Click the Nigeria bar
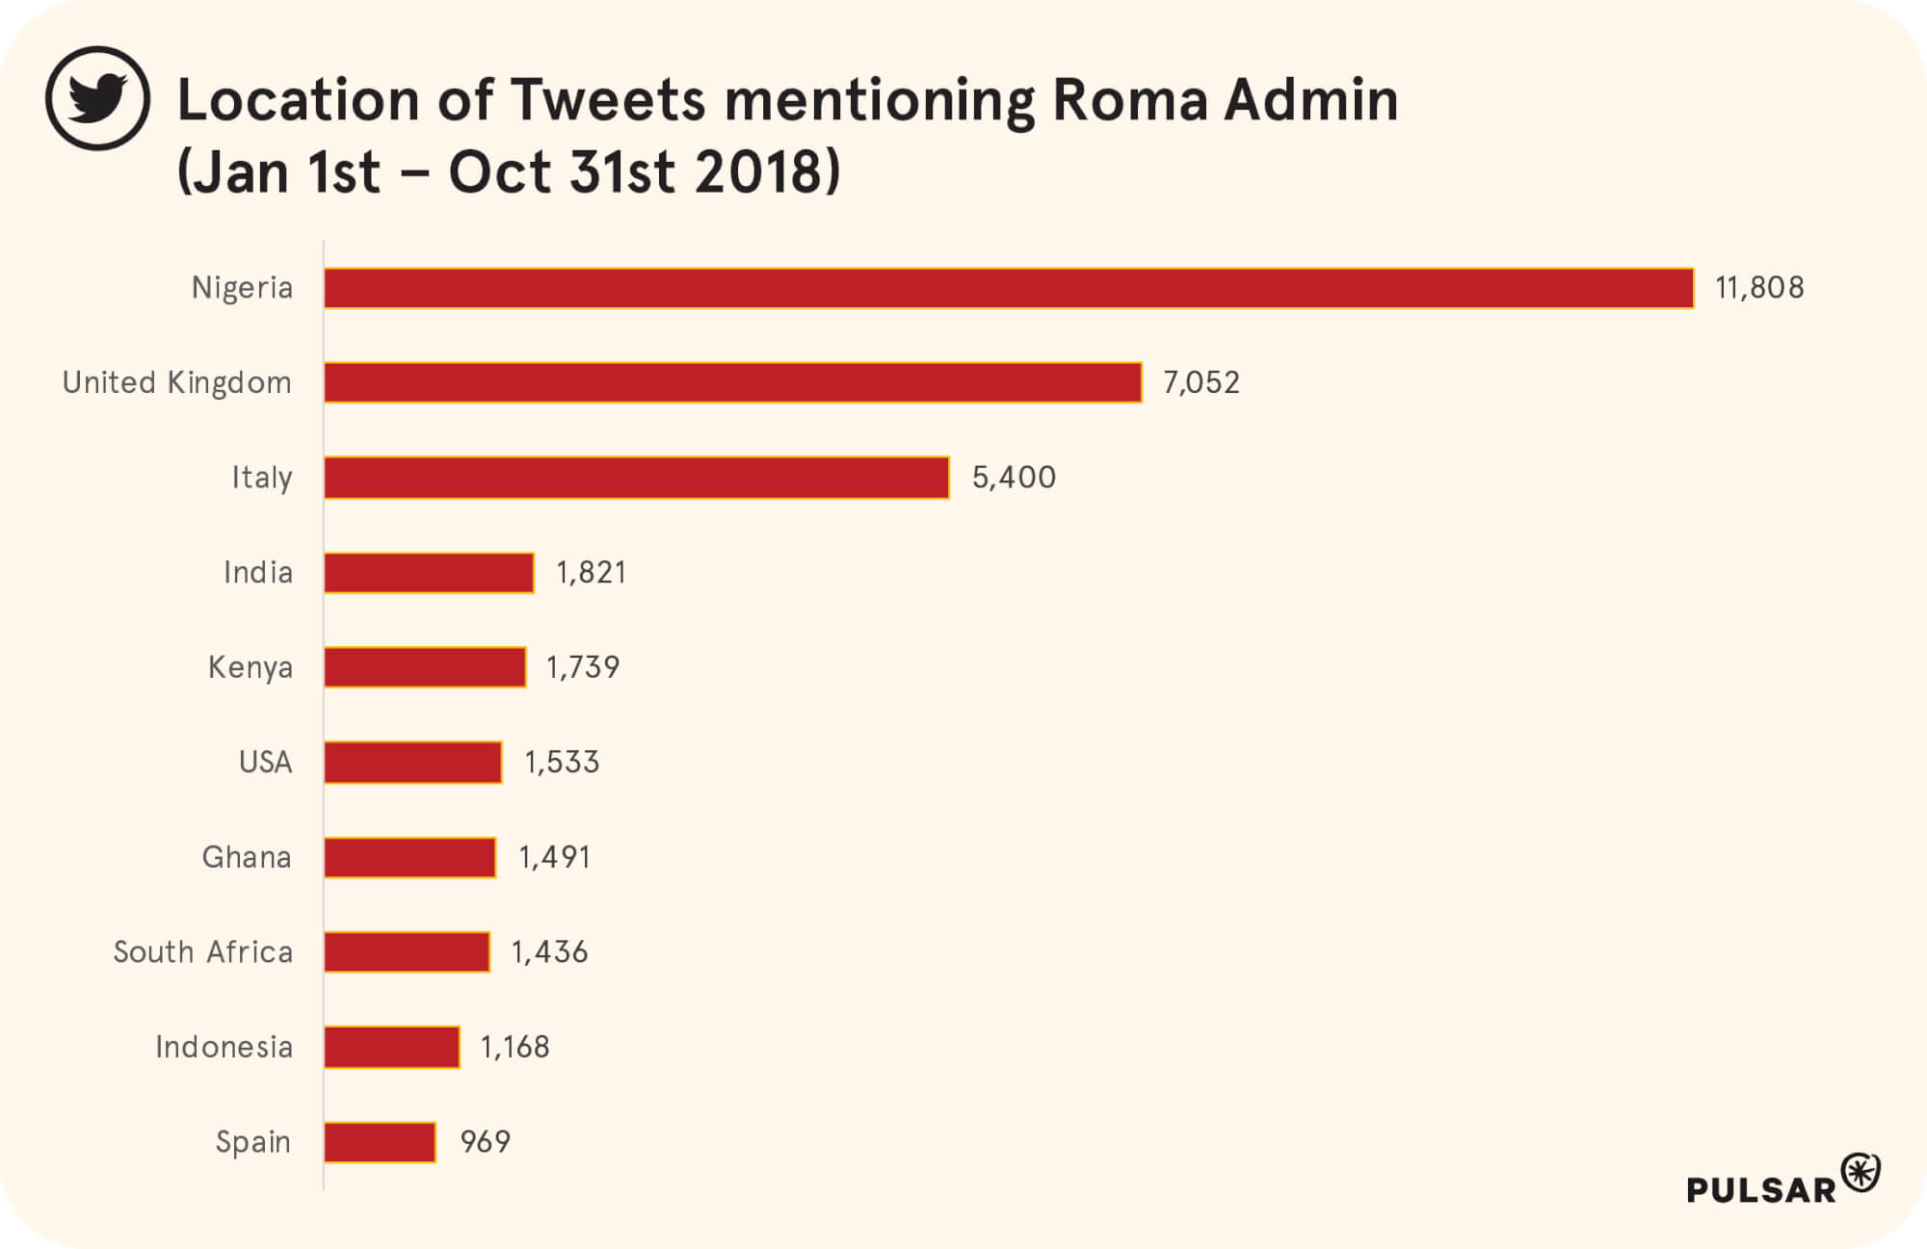[x=1008, y=288]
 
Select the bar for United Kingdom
[x=732, y=382]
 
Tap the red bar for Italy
[x=636, y=478]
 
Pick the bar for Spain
[x=380, y=1142]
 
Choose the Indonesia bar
[x=391, y=1047]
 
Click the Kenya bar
[x=425, y=667]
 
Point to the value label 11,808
[x=1759, y=288]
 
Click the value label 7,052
[x=1201, y=382]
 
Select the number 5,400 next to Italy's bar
[x=1014, y=478]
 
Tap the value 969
[x=485, y=1142]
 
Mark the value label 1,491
[x=554, y=857]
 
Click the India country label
[x=257, y=573]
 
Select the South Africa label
[x=202, y=952]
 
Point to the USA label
[x=265, y=763]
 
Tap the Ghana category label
[x=247, y=857]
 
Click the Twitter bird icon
[x=97, y=98]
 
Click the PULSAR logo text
[x=1760, y=1190]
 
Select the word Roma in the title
[x=1129, y=100]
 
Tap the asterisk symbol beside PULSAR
[x=1861, y=1173]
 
